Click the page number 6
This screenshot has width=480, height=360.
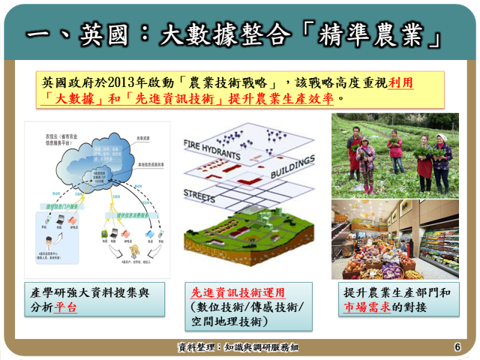coord(457,347)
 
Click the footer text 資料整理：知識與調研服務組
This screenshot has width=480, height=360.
coord(238,347)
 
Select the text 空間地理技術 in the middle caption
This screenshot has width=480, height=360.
coord(224,322)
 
